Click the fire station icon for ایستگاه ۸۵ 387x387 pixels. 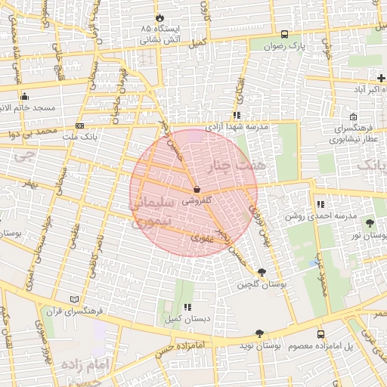pos(159,17)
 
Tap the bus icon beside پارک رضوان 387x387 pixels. pos(284,34)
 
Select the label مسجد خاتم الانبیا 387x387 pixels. pos(28,108)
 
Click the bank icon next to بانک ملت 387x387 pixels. pos(80,125)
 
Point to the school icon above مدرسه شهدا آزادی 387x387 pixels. pos(237,116)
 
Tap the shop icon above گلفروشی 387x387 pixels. pos(197,189)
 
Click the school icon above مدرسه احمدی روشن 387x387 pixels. pos(320,204)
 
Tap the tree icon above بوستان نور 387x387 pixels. pos(370,223)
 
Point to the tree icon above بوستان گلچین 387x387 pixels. pos(262,272)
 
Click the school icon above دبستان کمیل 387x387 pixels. pos(186,307)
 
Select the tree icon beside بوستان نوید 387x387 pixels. pos(259,333)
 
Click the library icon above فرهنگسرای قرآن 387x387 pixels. pos(73,299)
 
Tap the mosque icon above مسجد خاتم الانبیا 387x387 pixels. pos(25,96)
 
